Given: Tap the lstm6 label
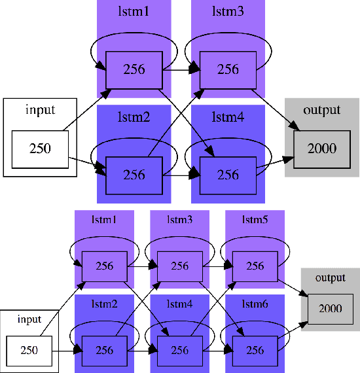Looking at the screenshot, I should click(x=255, y=304).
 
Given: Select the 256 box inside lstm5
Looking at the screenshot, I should click(x=255, y=266).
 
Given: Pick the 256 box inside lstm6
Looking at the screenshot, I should click(x=255, y=349).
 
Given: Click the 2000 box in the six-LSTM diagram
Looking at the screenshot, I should click(x=330, y=308).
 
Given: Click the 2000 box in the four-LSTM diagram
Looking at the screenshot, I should click(x=323, y=148).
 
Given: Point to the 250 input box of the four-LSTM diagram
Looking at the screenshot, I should click(x=41, y=148).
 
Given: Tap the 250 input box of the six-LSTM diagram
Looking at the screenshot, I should click(x=29, y=349).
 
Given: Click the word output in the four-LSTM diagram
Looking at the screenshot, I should click(x=322, y=110).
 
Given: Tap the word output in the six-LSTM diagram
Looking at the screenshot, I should click(x=330, y=277).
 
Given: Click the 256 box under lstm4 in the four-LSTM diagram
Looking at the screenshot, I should click(x=228, y=175).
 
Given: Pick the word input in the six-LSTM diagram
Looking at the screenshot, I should click(x=29, y=319).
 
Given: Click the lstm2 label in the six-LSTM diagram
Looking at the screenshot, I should click(x=105, y=304).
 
